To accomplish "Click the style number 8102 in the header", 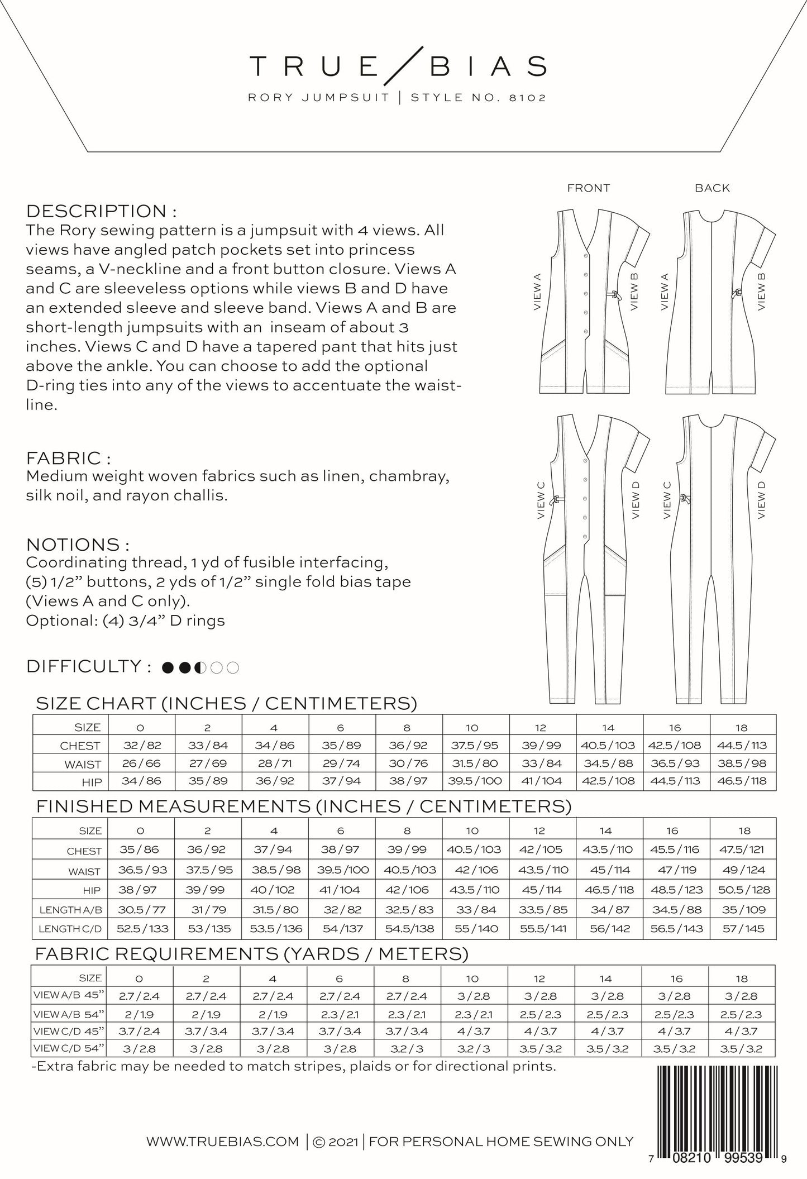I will coord(520,98).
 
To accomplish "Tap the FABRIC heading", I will coord(68,458).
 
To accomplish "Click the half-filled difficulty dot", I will coord(200,667).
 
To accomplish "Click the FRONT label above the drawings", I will coord(588,188).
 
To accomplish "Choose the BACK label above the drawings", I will coord(712,188).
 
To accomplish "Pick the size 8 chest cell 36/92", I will coord(407,745).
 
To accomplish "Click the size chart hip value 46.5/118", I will coord(743,781).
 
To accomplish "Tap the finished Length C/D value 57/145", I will coord(744,929).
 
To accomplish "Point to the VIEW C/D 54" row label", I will coord(69,1048).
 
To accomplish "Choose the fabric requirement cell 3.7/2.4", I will coord(140,1031).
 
